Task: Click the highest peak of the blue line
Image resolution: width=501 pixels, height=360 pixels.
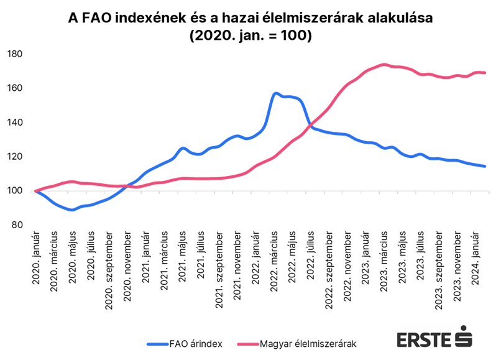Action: pyautogui.click(x=275, y=93)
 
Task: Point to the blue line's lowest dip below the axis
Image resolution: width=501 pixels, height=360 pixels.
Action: pyautogui.click(x=71, y=210)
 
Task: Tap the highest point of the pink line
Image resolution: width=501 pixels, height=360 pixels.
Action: pyautogui.click(x=383, y=64)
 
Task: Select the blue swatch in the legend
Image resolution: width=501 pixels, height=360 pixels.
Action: pyautogui.click(x=157, y=344)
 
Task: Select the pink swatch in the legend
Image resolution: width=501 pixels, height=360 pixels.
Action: pyautogui.click(x=248, y=344)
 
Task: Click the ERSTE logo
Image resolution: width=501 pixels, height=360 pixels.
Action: pyautogui.click(x=434, y=336)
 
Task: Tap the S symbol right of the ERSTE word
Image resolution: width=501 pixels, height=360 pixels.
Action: pyautogui.click(x=464, y=339)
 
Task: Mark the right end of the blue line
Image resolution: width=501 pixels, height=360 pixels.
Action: pyautogui.click(x=485, y=166)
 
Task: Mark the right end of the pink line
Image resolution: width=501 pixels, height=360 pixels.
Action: pyautogui.click(x=485, y=73)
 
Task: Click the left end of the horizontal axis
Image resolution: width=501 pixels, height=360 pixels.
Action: pyautogui.click(x=32, y=192)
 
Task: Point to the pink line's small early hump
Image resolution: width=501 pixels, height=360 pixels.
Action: pyautogui.click(x=71, y=181)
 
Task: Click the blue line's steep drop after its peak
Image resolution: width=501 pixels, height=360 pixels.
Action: pyautogui.click(x=306, y=115)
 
